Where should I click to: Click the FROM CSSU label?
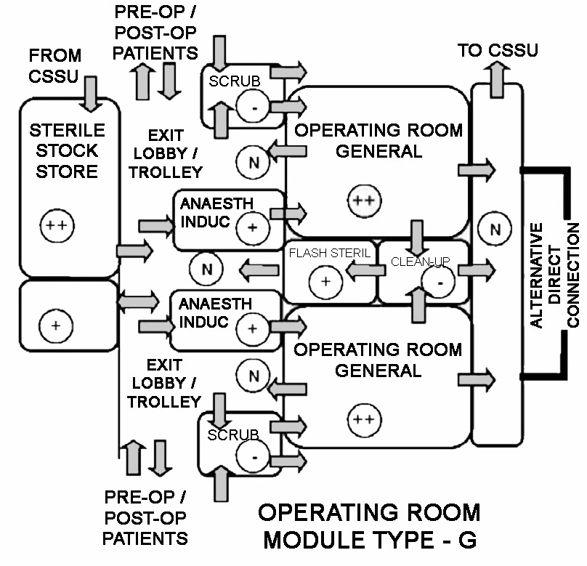tap(54, 65)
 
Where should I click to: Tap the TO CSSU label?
tap(498, 50)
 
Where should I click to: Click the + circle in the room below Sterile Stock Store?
tap(55, 326)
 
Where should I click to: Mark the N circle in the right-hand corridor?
tap(495, 230)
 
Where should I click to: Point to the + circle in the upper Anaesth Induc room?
tap(252, 227)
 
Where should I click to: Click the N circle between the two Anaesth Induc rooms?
tap(207, 270)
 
